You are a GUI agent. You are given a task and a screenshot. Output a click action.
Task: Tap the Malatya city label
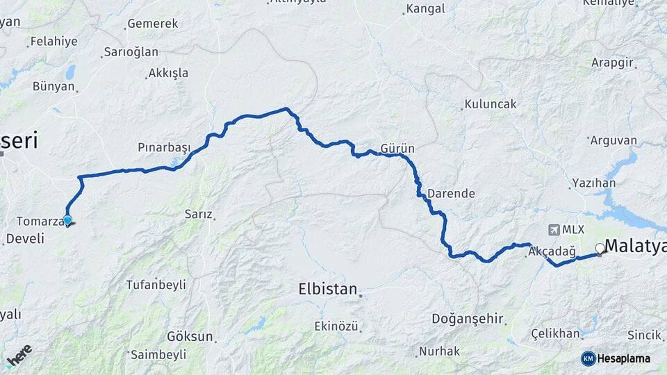point(635,246)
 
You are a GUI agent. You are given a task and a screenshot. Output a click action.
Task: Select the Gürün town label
point(397,149)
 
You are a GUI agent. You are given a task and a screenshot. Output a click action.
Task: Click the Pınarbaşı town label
point(164,148)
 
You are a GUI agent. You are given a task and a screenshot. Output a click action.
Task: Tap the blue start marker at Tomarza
point(67,221)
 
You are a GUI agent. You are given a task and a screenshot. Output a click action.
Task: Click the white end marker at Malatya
point(600,248)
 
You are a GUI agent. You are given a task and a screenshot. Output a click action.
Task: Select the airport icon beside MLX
point(553,230)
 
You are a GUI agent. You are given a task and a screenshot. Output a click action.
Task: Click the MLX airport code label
point(573,230)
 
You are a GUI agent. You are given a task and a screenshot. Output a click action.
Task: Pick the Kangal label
point(425,9)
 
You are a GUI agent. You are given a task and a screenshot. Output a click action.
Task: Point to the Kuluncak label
point(491,104)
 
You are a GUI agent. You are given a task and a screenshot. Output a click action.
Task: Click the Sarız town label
point(198,214)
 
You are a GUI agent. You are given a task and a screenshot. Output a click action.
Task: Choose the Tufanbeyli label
point(156,285)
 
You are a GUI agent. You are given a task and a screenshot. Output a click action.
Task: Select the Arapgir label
point(612,62)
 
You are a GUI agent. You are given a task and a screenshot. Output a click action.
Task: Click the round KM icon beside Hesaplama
point(588,358)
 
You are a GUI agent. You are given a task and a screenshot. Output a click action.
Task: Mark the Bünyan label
point(53,87)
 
